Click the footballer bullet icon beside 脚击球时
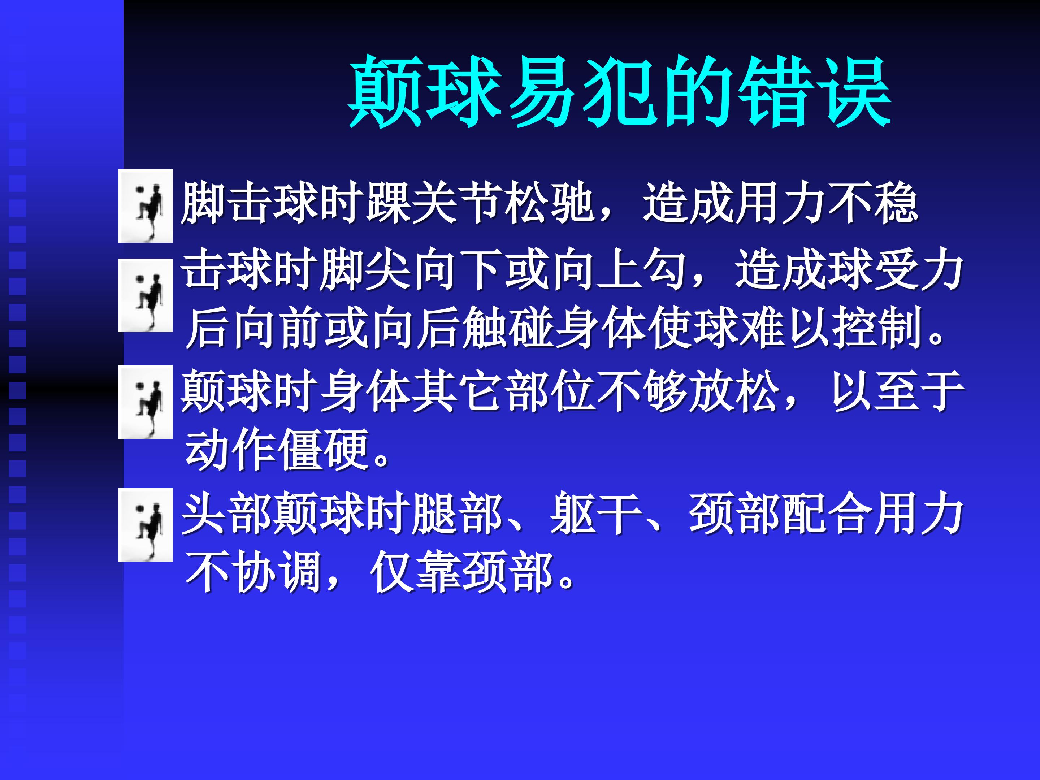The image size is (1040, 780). [x=146, y=205]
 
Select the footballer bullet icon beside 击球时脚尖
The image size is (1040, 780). [x=146, y=295]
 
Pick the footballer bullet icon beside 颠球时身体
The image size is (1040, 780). [x=146, y=402]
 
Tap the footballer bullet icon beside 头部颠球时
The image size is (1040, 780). [x=146, y=525]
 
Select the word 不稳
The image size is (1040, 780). [x=872, y=203]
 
